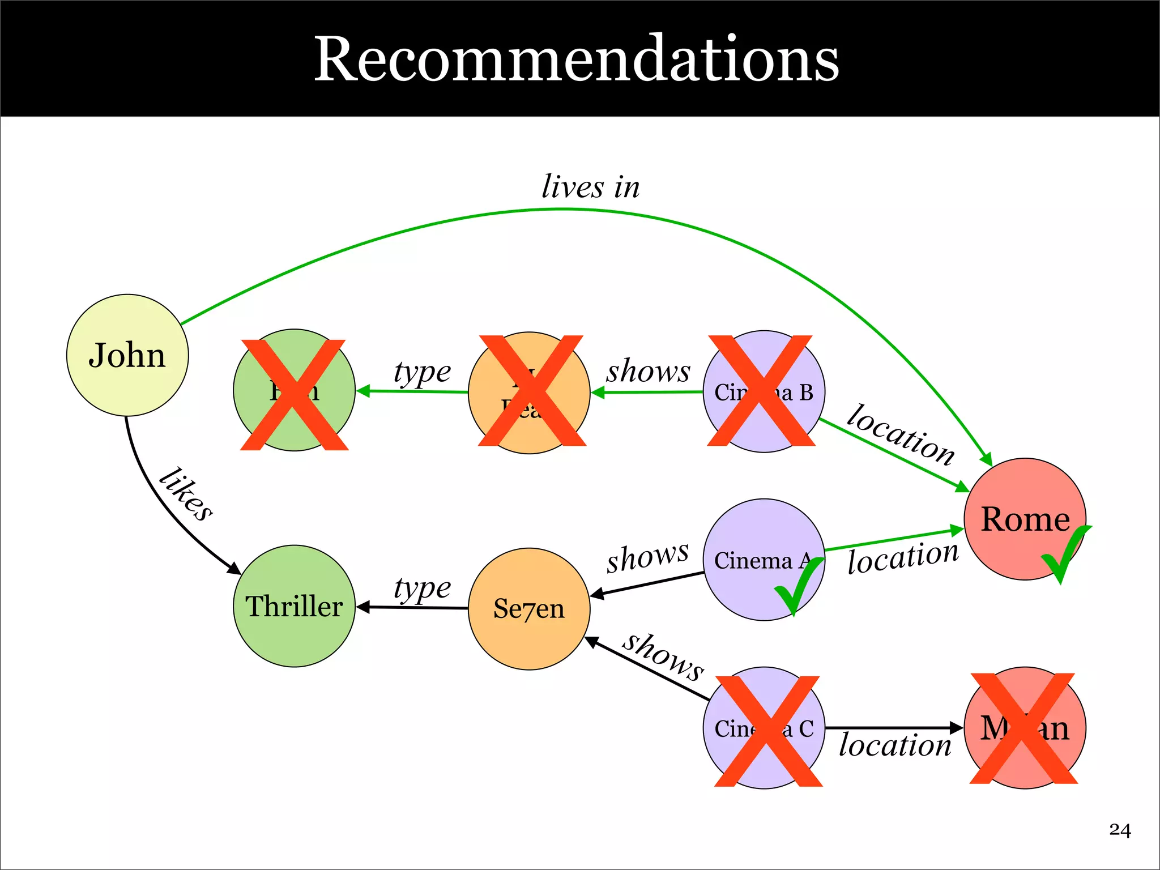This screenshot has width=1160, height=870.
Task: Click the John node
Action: coord(127,355)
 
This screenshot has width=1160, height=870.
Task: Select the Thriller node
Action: coord(294,606)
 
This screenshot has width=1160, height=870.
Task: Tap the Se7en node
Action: coord(529,609)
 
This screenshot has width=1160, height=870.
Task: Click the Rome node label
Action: coord(1025,519)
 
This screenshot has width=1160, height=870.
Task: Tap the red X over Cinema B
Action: coord(761,391)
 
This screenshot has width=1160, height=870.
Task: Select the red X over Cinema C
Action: coord(768,731)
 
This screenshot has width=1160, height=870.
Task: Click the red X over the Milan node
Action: coord(1023,728)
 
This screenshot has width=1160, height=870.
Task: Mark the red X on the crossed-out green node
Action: coord(294,395)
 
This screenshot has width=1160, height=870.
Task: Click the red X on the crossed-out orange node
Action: coord(531,391)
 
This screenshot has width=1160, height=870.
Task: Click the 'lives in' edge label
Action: coord(590,187)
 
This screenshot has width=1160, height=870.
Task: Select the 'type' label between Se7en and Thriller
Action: coord(422,588)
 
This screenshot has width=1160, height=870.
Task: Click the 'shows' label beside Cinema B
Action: coord(648,371)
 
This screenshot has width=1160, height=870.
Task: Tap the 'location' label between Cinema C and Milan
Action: coord(894,745)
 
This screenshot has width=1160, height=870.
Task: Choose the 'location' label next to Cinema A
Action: coord(903,557)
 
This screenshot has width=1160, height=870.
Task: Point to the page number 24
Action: coord(1119,830)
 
